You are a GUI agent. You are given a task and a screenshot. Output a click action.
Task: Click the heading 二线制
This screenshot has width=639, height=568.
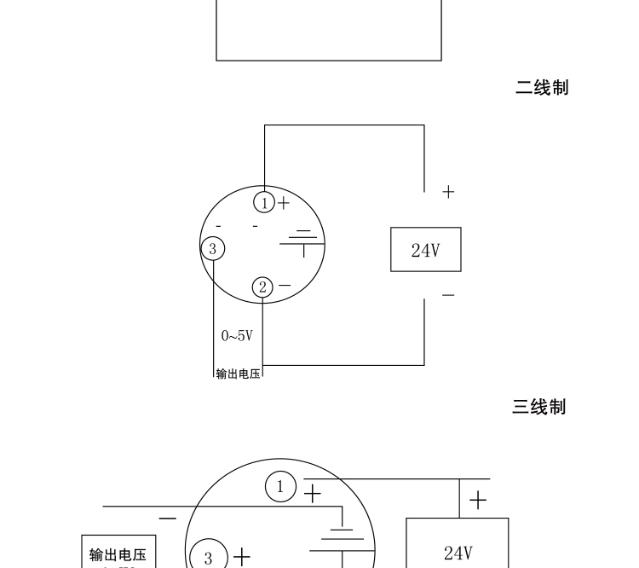[x=541, y=87]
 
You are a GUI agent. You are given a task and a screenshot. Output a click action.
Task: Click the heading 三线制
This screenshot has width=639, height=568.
[x=538, y=407]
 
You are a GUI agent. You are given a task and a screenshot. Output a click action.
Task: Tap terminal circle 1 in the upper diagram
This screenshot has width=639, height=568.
[x=265, y=203]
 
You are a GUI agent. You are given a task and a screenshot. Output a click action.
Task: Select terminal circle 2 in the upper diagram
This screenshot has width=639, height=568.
[x=263, y=287]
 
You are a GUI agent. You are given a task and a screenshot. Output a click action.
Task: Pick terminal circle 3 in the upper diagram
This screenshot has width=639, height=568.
[x=213, y=249]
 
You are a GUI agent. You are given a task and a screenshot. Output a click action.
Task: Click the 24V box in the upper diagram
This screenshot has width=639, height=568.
[x=425, y=250]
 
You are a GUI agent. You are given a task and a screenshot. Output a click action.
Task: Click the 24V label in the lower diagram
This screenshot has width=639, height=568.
[x=458, y=554]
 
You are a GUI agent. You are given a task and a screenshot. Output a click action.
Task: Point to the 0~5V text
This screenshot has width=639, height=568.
[x=237, y=336]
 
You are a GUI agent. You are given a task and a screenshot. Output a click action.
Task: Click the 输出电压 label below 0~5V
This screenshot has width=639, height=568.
[x=238, y=374]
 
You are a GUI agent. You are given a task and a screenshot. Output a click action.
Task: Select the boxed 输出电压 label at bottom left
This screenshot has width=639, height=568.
[x=118, y=555]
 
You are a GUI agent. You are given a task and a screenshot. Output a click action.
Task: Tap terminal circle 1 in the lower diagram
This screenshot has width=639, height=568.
[x=280, y=487]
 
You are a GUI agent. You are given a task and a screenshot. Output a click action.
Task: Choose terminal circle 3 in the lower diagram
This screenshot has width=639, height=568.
[x=208, y=559]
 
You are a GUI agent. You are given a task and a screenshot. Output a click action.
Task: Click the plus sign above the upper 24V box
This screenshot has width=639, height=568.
[x=448, y=192]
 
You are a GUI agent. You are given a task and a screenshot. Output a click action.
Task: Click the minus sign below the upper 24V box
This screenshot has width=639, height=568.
[x=448, y=295]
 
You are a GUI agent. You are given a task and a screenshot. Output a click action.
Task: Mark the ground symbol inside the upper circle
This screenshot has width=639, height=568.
[x=302, y=241]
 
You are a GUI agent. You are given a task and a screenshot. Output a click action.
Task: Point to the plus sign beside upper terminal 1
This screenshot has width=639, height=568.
[x=284, y=203]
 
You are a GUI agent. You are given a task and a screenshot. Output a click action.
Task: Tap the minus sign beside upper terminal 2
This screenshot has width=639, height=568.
[x=285, y=286]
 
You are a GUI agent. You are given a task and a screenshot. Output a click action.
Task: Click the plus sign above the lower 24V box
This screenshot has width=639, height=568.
[x=479, y=500]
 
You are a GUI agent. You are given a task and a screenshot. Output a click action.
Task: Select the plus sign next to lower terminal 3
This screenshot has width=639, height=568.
[x=242, y=558]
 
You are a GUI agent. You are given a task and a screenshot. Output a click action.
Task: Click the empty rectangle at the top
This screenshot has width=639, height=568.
[x=329, y=30]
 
